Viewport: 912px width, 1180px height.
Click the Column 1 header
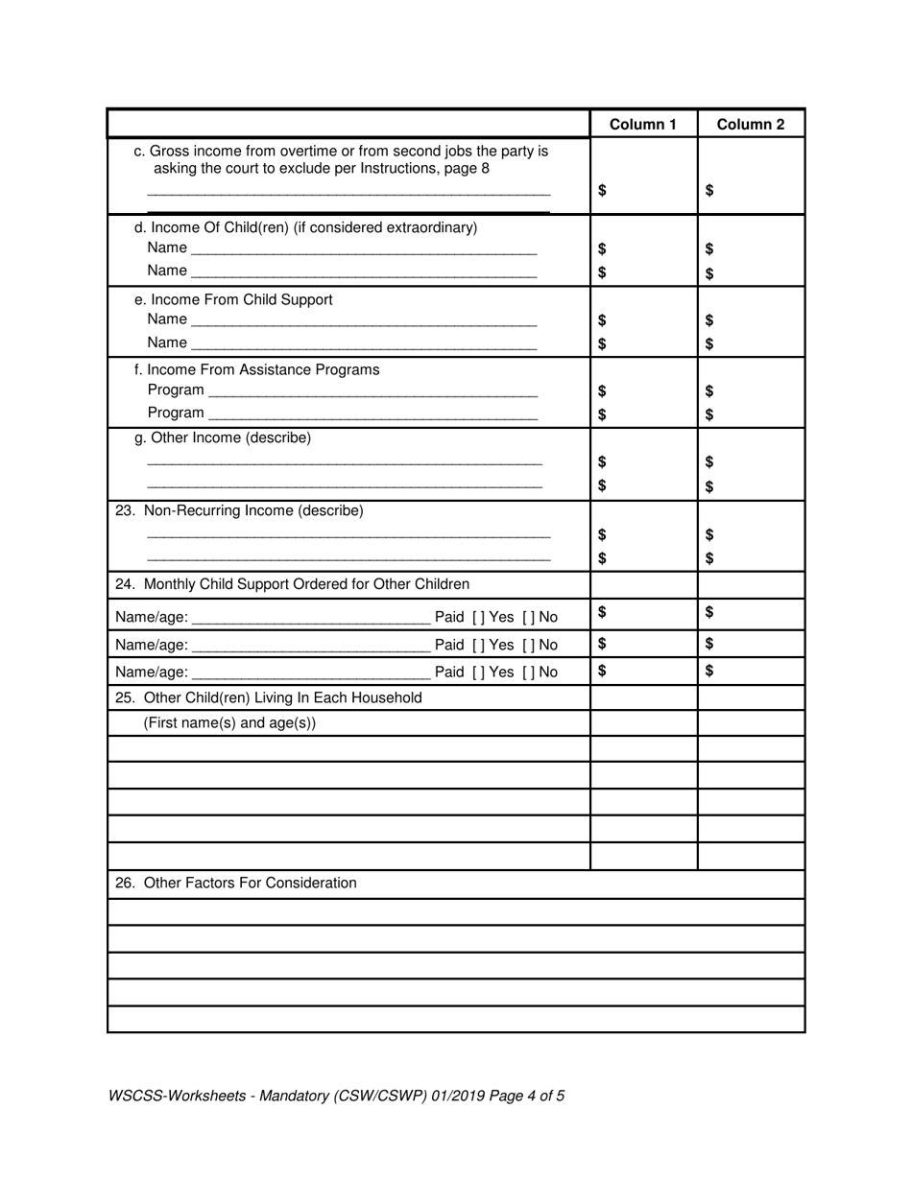(642, 125)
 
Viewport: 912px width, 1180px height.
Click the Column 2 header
(750, 125)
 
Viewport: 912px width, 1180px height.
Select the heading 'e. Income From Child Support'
(233, 299)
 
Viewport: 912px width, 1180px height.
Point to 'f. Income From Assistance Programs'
(256, 369)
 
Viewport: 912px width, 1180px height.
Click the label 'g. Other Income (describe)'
(223, 438)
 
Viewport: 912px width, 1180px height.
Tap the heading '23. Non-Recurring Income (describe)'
(239, 510)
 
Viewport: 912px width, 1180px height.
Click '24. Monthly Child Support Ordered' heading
(292, 584)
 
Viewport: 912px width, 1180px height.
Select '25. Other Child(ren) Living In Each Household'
(268, 697)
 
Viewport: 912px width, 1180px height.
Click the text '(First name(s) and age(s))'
(229, 723)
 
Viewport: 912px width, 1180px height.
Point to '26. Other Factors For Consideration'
(235, 883)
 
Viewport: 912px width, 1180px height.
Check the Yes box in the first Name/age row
(478, 617)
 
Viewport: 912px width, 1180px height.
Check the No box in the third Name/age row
(528, 672)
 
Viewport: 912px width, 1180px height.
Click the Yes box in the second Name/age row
(478, 645)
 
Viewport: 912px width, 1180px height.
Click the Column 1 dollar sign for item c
(602, 190)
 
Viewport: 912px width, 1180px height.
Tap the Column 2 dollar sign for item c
(709, 190)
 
